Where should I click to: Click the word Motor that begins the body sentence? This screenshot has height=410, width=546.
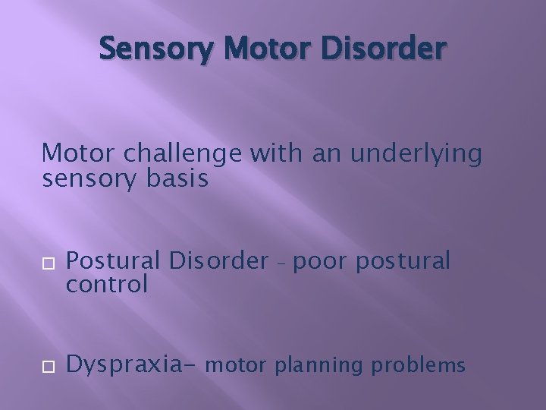[77, 154]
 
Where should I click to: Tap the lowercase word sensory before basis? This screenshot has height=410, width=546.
[86, 181]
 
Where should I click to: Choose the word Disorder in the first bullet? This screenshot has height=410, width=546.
[217, 261]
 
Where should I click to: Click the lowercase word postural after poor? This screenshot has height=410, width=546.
[401, 262]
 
